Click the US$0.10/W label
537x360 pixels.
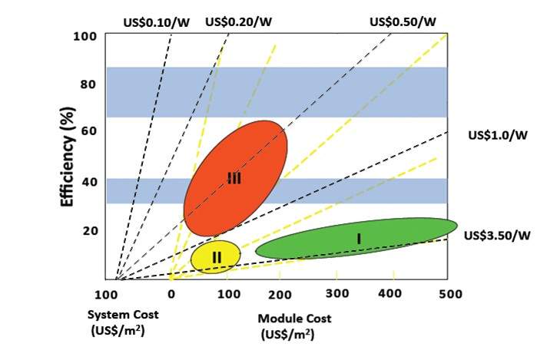click(157, 22)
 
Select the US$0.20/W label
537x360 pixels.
click(238, 21)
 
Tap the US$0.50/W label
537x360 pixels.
click(403, 21)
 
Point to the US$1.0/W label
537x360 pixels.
click(498, 135)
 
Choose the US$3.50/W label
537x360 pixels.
click(498, 235)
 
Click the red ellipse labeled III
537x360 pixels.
click(235, 178)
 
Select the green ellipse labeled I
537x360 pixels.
click(357, 239)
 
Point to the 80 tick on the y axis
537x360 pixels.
click(88, 84)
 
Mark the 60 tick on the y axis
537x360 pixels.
click(88, 132)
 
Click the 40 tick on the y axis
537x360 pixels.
click(88, 181)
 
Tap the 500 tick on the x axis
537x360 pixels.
click(449, 293)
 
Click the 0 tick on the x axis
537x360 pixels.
click(171, 293)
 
